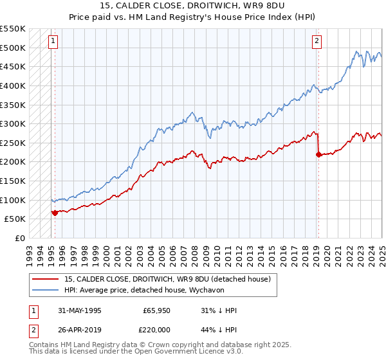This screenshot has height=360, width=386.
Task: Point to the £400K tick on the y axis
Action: point(13,85)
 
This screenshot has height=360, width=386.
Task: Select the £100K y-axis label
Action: point(13,200)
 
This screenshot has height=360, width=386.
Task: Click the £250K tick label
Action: point(13,142)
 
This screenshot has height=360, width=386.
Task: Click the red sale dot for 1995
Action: point(55,212)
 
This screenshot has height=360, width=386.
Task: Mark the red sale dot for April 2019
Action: point(318,154)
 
